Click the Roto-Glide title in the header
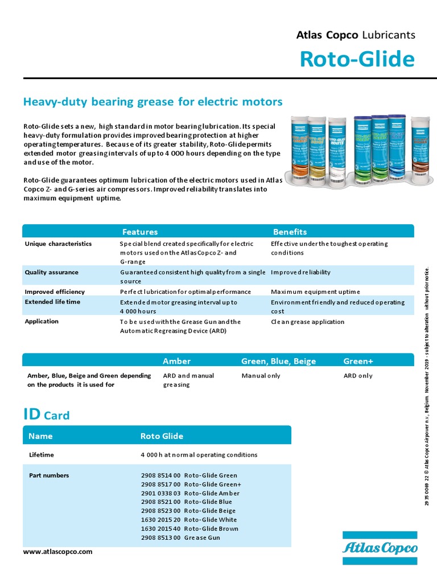click(x=357, y=59)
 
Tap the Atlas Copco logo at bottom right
click(x=380, y=548)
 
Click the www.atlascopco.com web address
click(x=57, y=552)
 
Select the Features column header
click(x=140, y=232)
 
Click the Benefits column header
click(x=290, y=232)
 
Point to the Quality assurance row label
click(x=52, y=272)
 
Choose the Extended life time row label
click(x=52, y=302)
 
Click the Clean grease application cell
click(x=307, y=322)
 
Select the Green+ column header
click(x=358, y=361)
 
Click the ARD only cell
click(x=358, y=376)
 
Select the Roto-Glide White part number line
click(x=189, y=520)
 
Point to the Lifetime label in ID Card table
click(x=42, y=455)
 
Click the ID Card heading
click(x=46, y=414)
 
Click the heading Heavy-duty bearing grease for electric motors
click(x=152, y=102)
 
